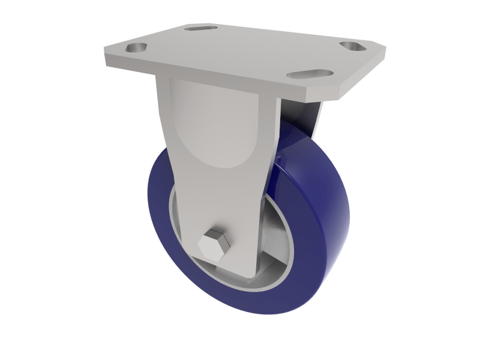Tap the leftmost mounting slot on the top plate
click(x=136, y=47)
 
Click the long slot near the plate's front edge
click(x=309, y=74)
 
